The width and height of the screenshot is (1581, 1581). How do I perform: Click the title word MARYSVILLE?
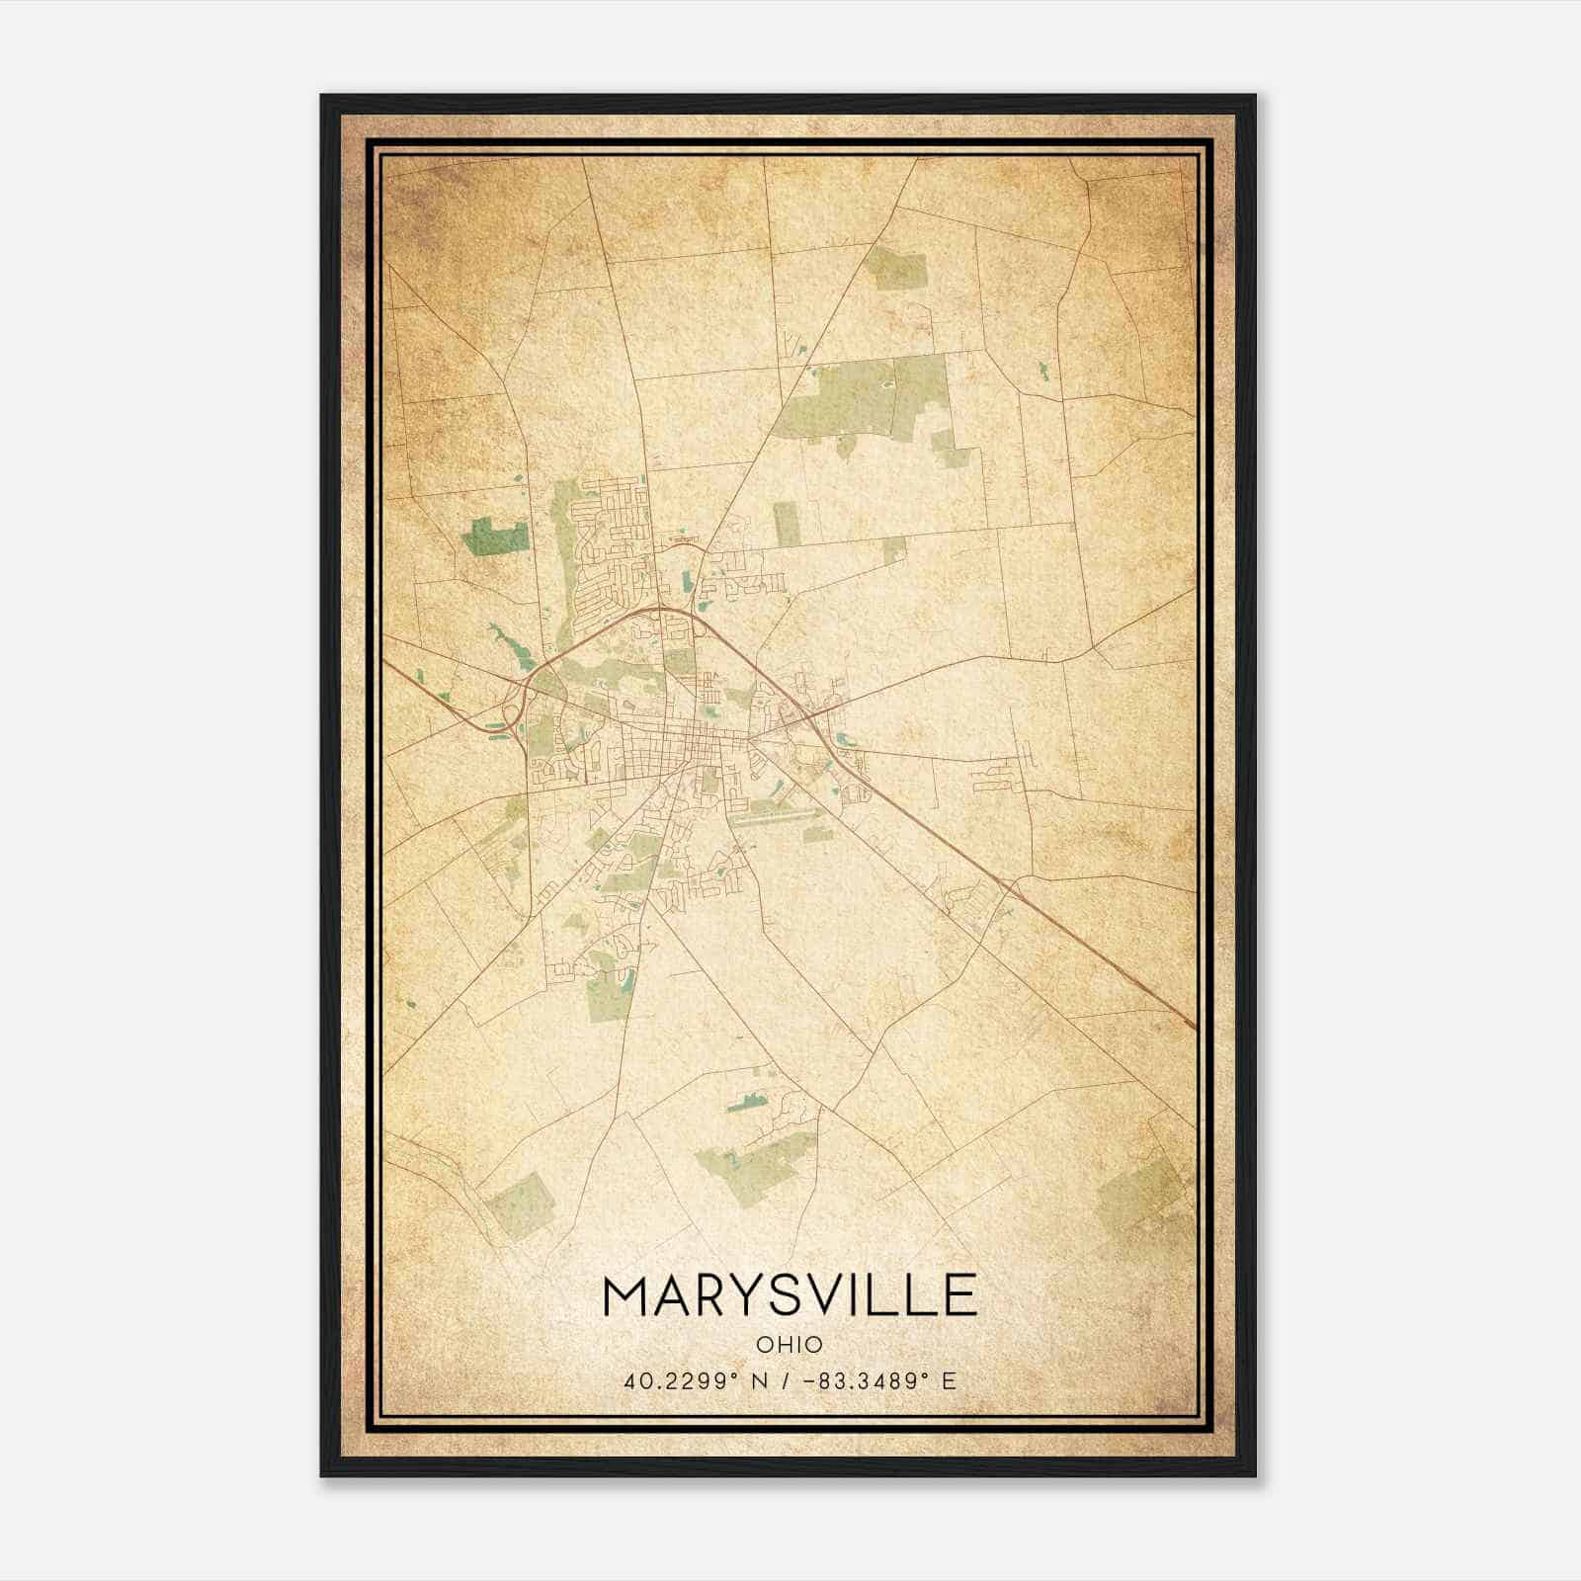point(789,1295)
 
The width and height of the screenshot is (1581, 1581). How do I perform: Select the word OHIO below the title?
point(789,1345)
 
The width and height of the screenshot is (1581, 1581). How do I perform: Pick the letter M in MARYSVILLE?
point(625,1295)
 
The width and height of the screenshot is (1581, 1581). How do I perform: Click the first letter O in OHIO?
point(763,1345)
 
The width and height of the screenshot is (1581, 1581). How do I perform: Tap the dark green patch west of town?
point(494,536)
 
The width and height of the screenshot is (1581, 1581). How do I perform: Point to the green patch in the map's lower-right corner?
point(1141,1196)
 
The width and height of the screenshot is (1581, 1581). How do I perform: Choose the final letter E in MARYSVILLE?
point(957,1295)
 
